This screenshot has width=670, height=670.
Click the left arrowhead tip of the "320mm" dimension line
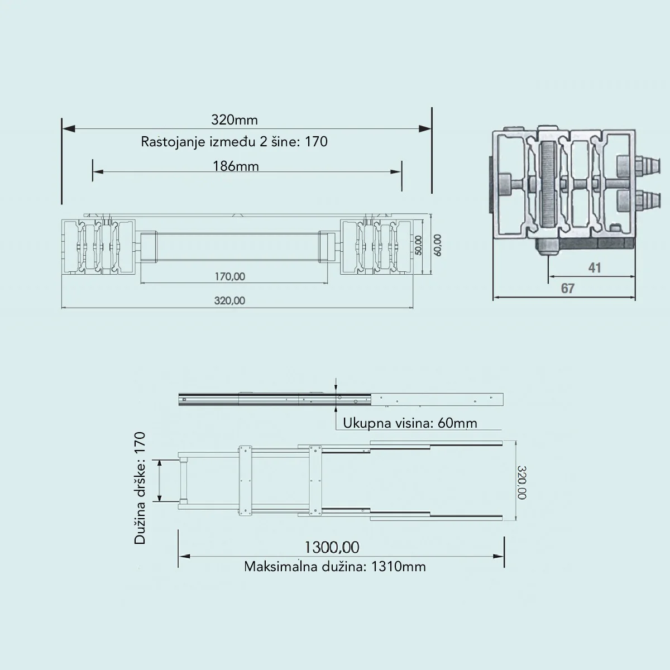[x=63, y=129]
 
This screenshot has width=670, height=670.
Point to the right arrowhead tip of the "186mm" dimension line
[x=401, y=171]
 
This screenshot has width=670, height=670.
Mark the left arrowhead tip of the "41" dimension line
[x=549, y=277]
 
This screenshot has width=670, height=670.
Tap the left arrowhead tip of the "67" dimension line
[x=494, y=297]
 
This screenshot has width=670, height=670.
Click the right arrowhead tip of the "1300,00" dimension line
[x=504, y=556]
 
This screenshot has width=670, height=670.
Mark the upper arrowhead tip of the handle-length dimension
[x=160, y=460]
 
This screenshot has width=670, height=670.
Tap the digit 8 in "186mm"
[x=229, y=166]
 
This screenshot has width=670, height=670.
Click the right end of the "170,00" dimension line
[x=328, y=283]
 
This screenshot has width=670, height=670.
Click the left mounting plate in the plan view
[x=245, y=481]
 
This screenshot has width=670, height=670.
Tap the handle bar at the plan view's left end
[x=183, y=481]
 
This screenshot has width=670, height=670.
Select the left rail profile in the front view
[x=98, y=247]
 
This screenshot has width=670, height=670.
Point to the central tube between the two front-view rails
[x=238, y=247]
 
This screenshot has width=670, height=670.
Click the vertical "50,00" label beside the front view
[x=419, y=246]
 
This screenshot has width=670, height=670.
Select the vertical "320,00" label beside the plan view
[x=521, y=482]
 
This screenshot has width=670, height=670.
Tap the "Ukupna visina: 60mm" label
[x=410, y=423]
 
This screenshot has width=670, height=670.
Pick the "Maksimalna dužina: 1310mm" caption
[x=335, y=567]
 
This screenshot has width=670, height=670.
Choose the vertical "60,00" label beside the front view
[x=438, y=246]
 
